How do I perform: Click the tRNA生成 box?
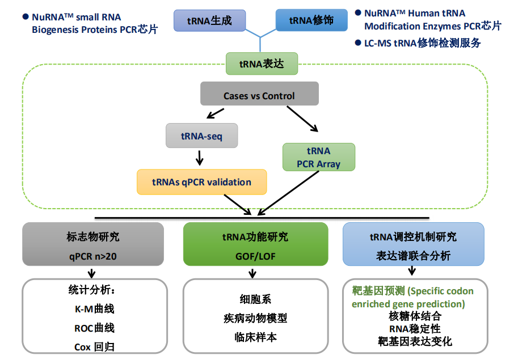(x=209, y=21)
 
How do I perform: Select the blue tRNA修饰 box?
(x=311, y=21)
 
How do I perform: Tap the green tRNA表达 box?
(x=262, y=63)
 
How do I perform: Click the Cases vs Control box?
(x=259, y=95)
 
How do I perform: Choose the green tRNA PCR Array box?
(x=318, y=157)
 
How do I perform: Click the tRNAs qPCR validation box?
(x=201, y=182)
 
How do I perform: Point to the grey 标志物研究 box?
(x=93, y=244)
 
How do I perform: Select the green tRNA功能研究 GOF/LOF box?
(x=255, y=244)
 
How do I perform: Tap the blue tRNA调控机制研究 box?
(x=413, y=244)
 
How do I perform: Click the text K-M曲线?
(x=94, y=310)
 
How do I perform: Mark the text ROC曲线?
(x=94, y=328)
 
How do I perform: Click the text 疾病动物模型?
(x=255, y=318)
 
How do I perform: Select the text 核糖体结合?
(x=415, y=316)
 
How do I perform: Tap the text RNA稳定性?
(x=415, y=329)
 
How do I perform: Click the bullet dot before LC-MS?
(x=359, y=43)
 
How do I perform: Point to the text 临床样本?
(x=255, y=337)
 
